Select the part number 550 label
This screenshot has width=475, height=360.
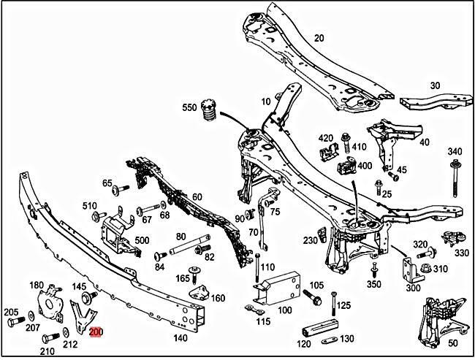[x=189, y=108]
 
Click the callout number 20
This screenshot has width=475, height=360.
[x=319, y=38]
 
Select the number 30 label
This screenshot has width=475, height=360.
[x=435, y=85]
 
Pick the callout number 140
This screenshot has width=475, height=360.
[x=180, y=338]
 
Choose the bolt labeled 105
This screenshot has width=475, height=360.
[x=311, y=299]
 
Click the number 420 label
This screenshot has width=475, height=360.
[x=325, y=137]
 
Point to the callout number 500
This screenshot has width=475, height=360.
[x=142, y=240]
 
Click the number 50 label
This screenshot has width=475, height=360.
[x=452, y=342]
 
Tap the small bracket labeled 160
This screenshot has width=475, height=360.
[x=199, y=294]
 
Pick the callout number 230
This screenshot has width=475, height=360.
[x=311, y=240]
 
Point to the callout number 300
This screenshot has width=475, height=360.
[x=414, y=288]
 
